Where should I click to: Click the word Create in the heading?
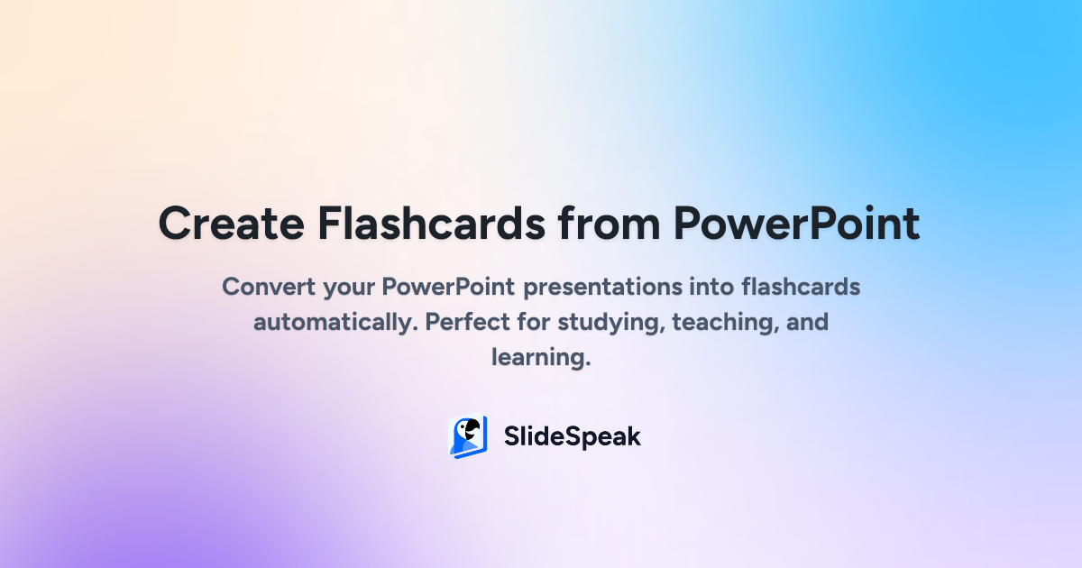[x=232, y=224]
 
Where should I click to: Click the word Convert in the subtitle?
[x=269, y=287]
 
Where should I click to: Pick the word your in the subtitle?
[x=349, y=289]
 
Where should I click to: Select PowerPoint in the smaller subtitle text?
[x=448, y=287]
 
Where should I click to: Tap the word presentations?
[x=603, y=289]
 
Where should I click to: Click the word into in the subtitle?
[x=712, y=287]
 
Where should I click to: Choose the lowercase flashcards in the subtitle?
[x=802, y=287]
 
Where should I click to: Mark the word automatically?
[x=335, y=323]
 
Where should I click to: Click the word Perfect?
[x=467, y=322]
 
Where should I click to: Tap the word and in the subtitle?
[x=807, y=322]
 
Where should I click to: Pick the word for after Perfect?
[x=534, y=322]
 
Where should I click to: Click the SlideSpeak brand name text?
[x=573, y=436]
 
